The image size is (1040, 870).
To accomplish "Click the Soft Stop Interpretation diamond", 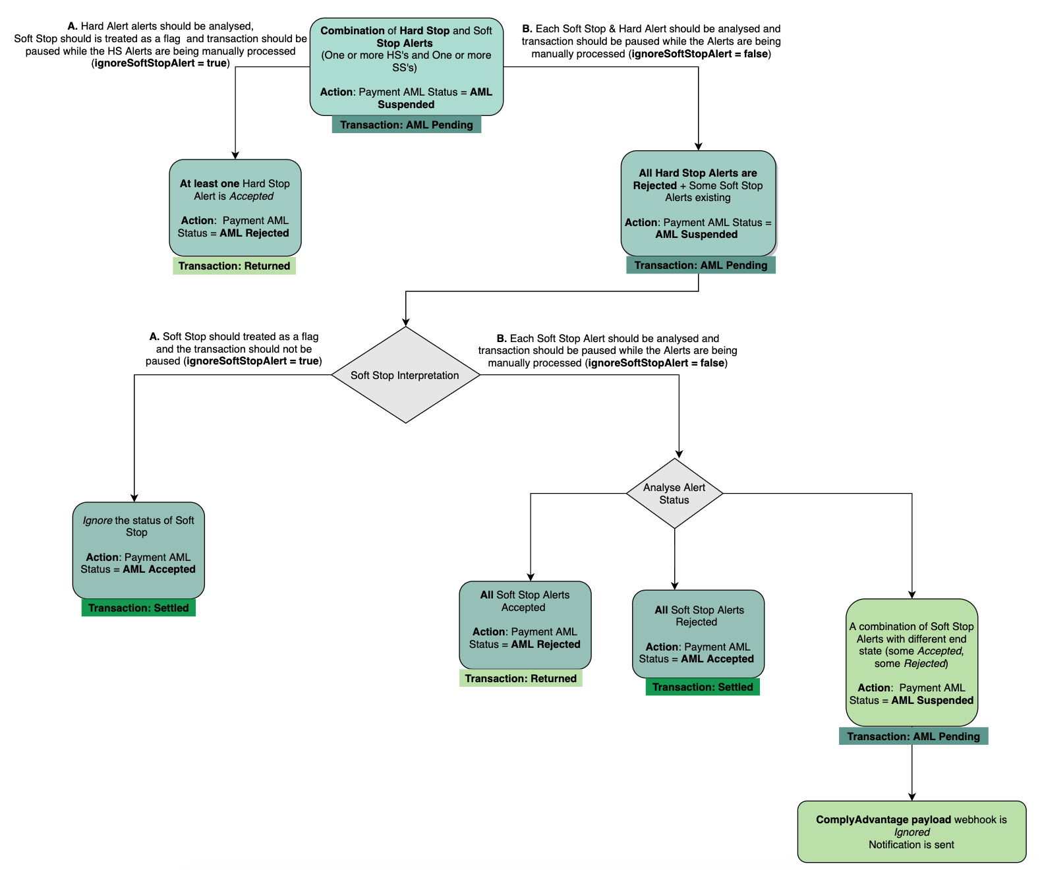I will [x=405, y=375].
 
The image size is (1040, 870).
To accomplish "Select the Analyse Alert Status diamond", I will [x=674, y=493].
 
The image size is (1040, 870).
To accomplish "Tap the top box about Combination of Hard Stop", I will [x=406, y=67].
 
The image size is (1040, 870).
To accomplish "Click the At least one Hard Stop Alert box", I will [x=235, y=208].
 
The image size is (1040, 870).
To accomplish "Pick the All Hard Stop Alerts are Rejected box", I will [x=698, y=203].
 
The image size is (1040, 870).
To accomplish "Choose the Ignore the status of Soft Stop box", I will [x=138, y=550].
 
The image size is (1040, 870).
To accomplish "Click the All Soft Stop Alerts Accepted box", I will [x=525, y=625].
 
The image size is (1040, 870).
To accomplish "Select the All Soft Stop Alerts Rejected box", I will [x=698, y=634].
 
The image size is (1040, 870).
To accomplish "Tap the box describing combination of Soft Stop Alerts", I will [x=911, y=662].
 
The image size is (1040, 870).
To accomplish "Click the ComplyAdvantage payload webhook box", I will [x=911, y=832].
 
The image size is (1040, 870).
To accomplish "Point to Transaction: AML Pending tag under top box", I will [x=407, y=125].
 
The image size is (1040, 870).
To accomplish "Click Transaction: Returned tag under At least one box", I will [x=234, y=266].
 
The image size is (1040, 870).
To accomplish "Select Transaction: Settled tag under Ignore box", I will [x=138, y=608].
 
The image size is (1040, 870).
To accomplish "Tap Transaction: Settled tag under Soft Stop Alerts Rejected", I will [x=703, y=687].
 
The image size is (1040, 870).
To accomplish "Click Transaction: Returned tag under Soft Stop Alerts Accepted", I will [x=521, y=678].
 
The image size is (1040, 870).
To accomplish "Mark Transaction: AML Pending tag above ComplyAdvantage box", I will [x=913, y=736].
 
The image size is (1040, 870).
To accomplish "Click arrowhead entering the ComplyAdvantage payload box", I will [x=911, y=797].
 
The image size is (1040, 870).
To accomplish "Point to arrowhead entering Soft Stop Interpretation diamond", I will [x=405, y=322].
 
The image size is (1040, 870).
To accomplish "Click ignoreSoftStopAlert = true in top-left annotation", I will [x=161, y=63].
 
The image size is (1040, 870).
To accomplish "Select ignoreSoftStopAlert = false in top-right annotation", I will [x=700, y=54].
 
